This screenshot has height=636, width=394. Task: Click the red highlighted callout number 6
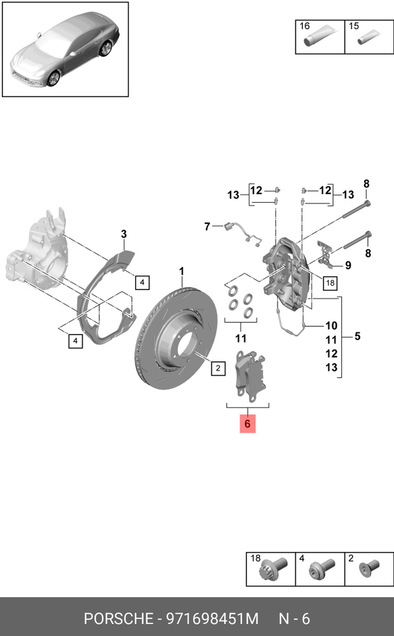point(247,423)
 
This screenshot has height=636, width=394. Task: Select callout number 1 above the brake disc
point(181,272)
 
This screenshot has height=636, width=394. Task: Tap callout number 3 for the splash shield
point(124,235)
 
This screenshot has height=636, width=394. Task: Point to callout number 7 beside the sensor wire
point(207,226)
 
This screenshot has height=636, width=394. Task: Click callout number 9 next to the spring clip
point(348,265)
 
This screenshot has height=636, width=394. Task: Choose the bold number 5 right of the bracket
point(357,336)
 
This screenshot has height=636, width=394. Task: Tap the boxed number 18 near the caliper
point(330,282)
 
